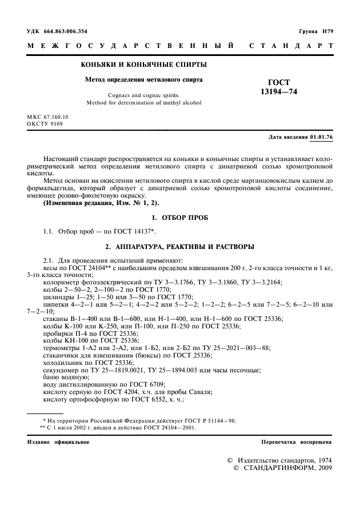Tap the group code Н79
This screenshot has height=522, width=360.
point(325,31)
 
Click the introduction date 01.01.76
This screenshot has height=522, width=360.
point(322,138)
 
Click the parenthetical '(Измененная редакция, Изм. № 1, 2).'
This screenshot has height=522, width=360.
point(102,203)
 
